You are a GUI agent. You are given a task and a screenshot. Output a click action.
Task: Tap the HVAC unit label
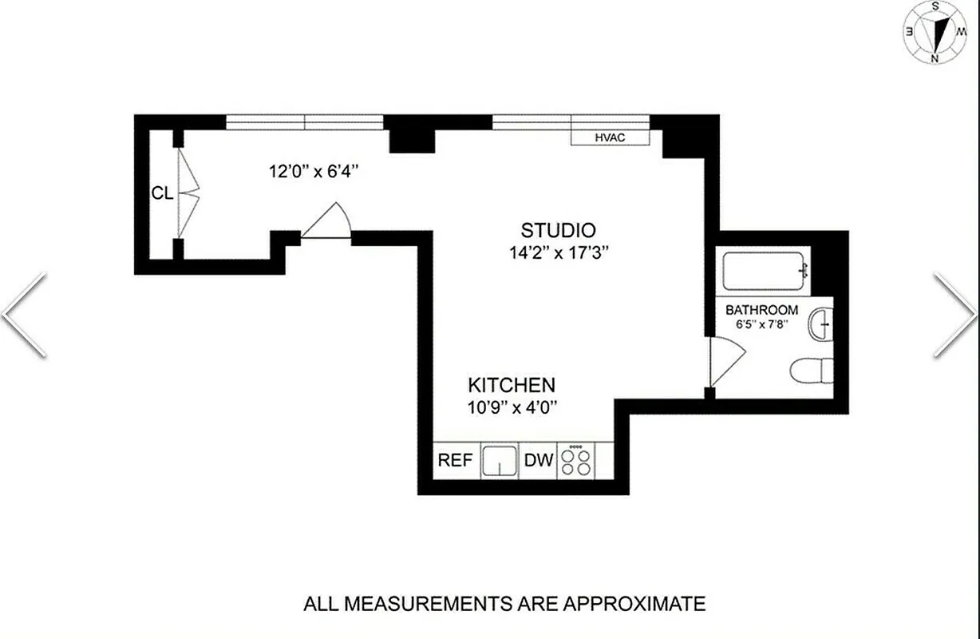pos(610,137)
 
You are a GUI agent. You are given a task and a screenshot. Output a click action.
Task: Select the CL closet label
pos(162,192)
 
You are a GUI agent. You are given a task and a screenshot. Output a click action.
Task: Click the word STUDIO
pos(558,231)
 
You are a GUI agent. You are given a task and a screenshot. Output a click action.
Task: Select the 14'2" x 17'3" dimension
pos(558,253)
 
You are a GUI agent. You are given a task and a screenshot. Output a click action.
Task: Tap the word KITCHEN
pos(512,384)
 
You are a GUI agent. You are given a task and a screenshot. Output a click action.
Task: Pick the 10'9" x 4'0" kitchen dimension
pos(512,407)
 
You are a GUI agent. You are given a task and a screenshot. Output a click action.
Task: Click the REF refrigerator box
pos(456,461)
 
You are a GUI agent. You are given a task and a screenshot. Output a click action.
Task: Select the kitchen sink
pos(500,461)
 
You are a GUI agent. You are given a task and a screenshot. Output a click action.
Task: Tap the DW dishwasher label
pos(538,461)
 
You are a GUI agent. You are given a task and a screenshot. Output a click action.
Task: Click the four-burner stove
pos(575,461)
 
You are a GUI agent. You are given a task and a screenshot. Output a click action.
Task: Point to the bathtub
pos(765,272)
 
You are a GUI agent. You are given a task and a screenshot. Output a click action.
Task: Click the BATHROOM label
pos(761,310)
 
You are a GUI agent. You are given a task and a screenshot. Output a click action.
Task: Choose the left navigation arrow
pos(24,315)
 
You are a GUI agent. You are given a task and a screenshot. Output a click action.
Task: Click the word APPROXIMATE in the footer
pos(635,603)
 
